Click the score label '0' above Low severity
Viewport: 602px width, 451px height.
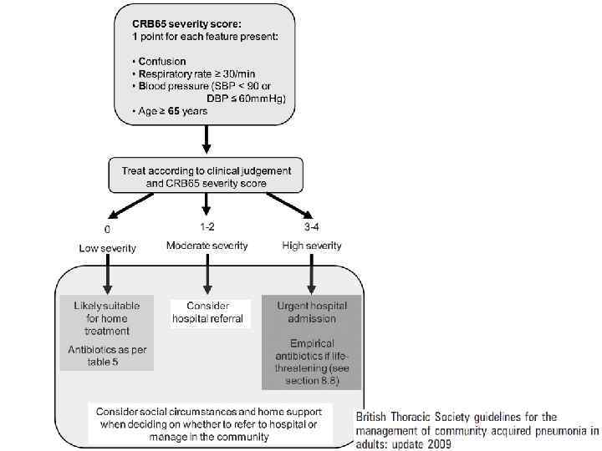coord(106,229)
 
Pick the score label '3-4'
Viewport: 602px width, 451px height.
coord(310,226)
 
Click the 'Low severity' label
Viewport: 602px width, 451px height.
coord(107,248)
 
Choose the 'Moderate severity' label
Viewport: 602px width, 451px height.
coord(207,246)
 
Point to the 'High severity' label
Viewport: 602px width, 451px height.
coord(312,246)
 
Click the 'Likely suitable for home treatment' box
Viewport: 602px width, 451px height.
coord(107,318)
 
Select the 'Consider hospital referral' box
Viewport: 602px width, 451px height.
coord(208,312)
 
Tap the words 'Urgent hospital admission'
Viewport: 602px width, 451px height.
coord(311,312)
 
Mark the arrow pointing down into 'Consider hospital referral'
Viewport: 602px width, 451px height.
coord(207,276)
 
